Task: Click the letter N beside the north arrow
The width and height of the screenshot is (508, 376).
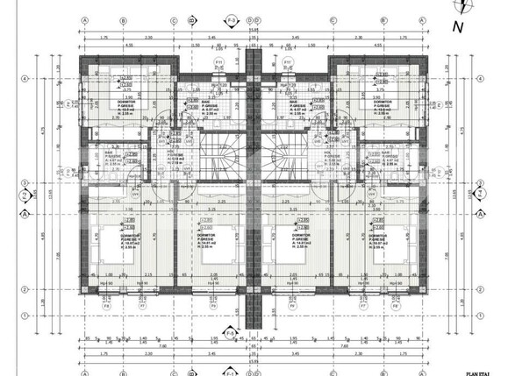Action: point(457,26)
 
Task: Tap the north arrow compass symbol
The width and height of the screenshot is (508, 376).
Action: point(460,7)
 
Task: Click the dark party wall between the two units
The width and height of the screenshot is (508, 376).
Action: point(253,175)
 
